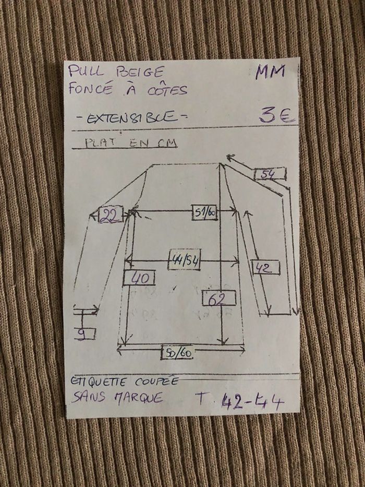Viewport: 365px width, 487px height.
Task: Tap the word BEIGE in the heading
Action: coord(138,72)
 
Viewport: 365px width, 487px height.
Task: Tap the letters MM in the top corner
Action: coord(270,72)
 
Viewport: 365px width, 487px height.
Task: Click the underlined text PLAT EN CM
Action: coord(131,143)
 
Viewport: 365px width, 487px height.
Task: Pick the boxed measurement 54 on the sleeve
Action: coord(270,174)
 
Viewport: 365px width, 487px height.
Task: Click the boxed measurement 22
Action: coord(110,215)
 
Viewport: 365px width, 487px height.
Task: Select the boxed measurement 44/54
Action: coord(184,259)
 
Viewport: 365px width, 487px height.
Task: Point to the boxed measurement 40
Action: coord(139,278)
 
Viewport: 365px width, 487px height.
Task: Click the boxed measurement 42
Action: coord(266,268)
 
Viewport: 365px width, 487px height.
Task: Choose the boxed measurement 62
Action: coord(218,298)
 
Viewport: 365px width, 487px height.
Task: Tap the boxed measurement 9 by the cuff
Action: coord(84,333)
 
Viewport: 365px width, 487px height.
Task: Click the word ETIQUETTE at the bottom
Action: coord(99,381)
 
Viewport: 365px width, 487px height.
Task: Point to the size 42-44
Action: coord(252,402)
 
